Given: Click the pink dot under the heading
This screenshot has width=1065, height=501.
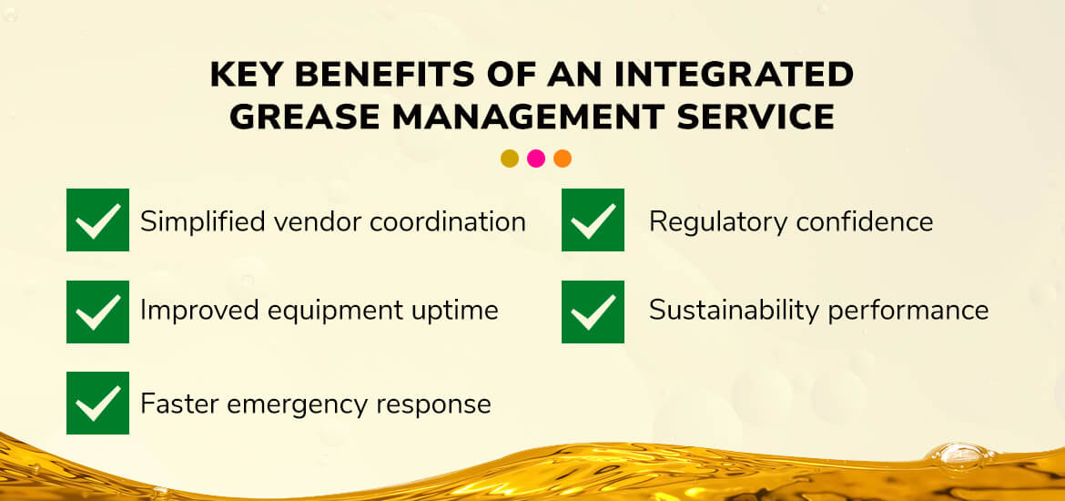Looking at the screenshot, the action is click(x=536, y=158).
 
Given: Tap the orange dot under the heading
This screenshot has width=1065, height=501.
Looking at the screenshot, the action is click(x=563, y=158).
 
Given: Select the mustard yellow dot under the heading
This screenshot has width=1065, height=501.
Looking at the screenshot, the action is click(x=510, y=158).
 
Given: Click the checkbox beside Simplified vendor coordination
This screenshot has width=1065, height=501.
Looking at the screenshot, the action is click(x=97, y=220).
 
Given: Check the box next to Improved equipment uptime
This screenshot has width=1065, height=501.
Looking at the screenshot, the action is click(x=97, y=312).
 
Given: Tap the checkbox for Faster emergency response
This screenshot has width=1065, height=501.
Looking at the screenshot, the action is click(x=97, y=404).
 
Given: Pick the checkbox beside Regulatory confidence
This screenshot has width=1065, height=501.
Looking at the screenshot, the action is click(x=593, y=220).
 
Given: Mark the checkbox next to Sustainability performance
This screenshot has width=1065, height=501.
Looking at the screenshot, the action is click(x=593, y=312).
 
